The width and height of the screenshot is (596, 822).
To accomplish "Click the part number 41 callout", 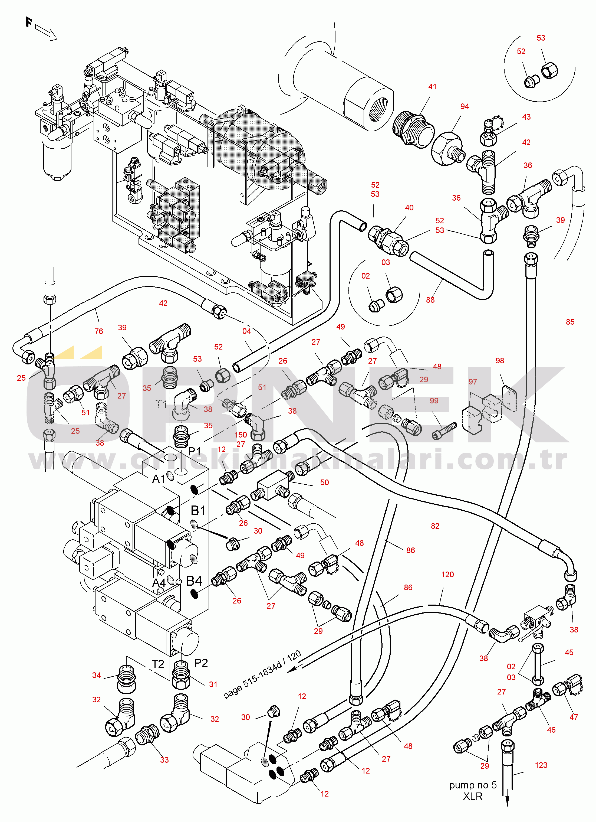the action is pyautogui.click(x=432, y=87).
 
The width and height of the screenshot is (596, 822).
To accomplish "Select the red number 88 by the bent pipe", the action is pyautogui.click(x=430, y=300).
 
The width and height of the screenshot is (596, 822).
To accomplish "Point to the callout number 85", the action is pyautogui.click(x=570, y=322).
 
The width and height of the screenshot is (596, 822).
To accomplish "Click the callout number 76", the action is pyautogui.click(x=98, y=331).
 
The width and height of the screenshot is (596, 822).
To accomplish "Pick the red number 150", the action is pyautogui.click(x=241, y=435).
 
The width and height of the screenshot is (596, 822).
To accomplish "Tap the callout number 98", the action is pyautogui.click(x=500, y=361).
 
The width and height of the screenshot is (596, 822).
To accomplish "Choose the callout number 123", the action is pyautogui.click(x=541, y=765).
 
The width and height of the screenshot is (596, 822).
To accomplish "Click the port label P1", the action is pyautogui.click(x=195, y=451).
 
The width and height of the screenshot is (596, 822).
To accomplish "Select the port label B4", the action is pyautogui.click(x=194, y=581).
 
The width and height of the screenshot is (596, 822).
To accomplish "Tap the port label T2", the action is pyautogui.click(x=158, y=664).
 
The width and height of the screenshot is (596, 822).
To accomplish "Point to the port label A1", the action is pyautogui.click(x=159, y=479).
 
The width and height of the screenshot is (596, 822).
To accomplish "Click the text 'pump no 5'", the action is pyautogui.click(x=473, y=785).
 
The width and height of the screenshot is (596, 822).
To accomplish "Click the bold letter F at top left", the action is pyautogui.click(x=29, y=22).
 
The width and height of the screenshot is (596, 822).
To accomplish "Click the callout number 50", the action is pyautogui.click(x=324, y=482).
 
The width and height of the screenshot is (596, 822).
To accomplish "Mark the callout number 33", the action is pyautogui.click(x=164, y=760).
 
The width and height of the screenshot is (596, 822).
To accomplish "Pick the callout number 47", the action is pyautogui.click(x=574, y=717).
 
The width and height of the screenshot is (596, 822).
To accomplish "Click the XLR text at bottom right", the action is pyautogui.click(x=473, y=797).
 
